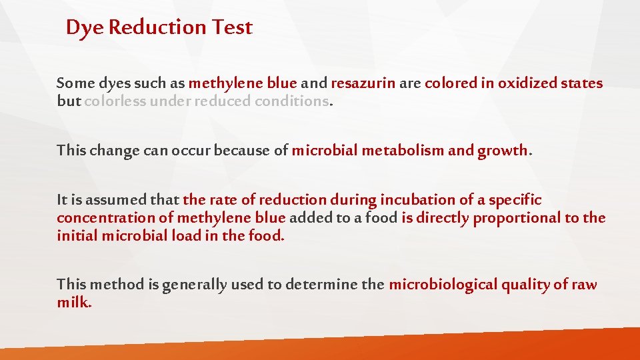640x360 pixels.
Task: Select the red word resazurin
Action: [x=363, y=83]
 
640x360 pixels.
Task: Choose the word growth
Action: [x=502, y=150]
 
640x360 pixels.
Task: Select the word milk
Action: [x=74, y=302]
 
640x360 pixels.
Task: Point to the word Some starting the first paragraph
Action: [x=75, y=83]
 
